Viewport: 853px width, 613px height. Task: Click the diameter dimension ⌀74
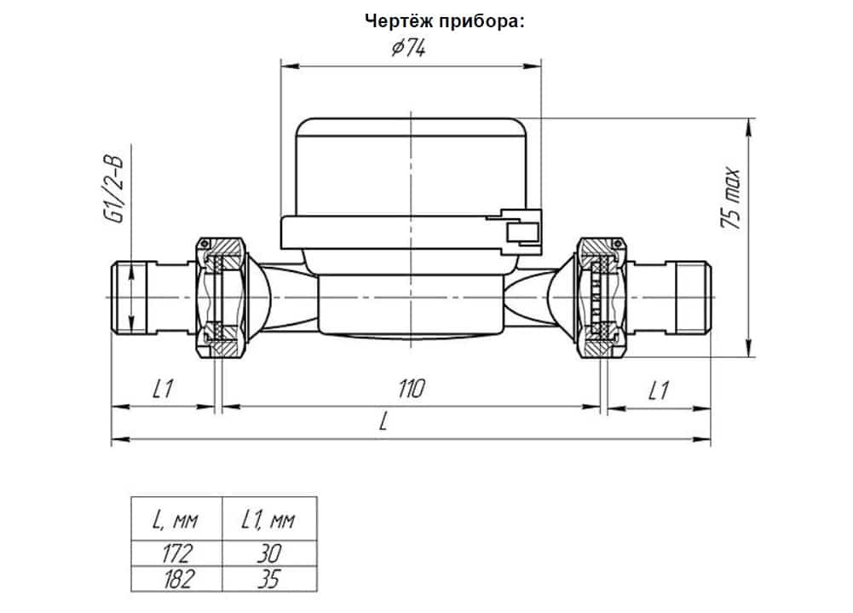409,49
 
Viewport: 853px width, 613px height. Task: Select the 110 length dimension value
410,390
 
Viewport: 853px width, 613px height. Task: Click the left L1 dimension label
164,390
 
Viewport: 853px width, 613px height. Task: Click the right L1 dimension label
657,390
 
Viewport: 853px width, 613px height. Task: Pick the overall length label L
383,424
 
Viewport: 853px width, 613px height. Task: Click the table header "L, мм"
176,518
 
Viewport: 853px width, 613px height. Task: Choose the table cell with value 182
176,579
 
